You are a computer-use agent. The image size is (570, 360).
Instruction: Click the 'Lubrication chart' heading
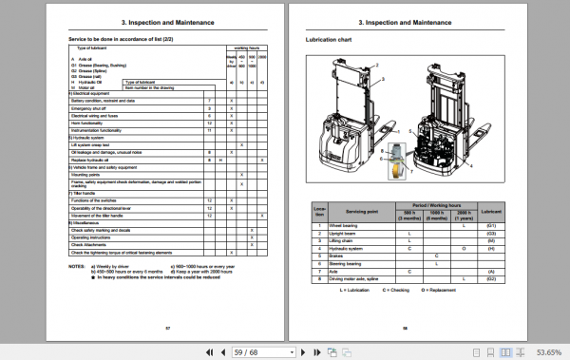(x=328, y=41)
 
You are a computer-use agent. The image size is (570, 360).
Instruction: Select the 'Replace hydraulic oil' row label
(x=96, y=160)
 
